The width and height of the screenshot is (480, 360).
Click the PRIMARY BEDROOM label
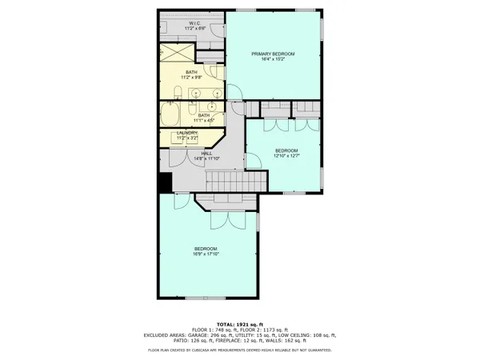coord(273,54)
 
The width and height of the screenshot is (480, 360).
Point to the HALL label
coord(206,153)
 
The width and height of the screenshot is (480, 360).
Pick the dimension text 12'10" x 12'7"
coord(286,157)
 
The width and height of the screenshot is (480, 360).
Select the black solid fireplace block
coord(164,183)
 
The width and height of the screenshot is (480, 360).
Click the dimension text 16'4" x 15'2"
coord(273,60)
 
